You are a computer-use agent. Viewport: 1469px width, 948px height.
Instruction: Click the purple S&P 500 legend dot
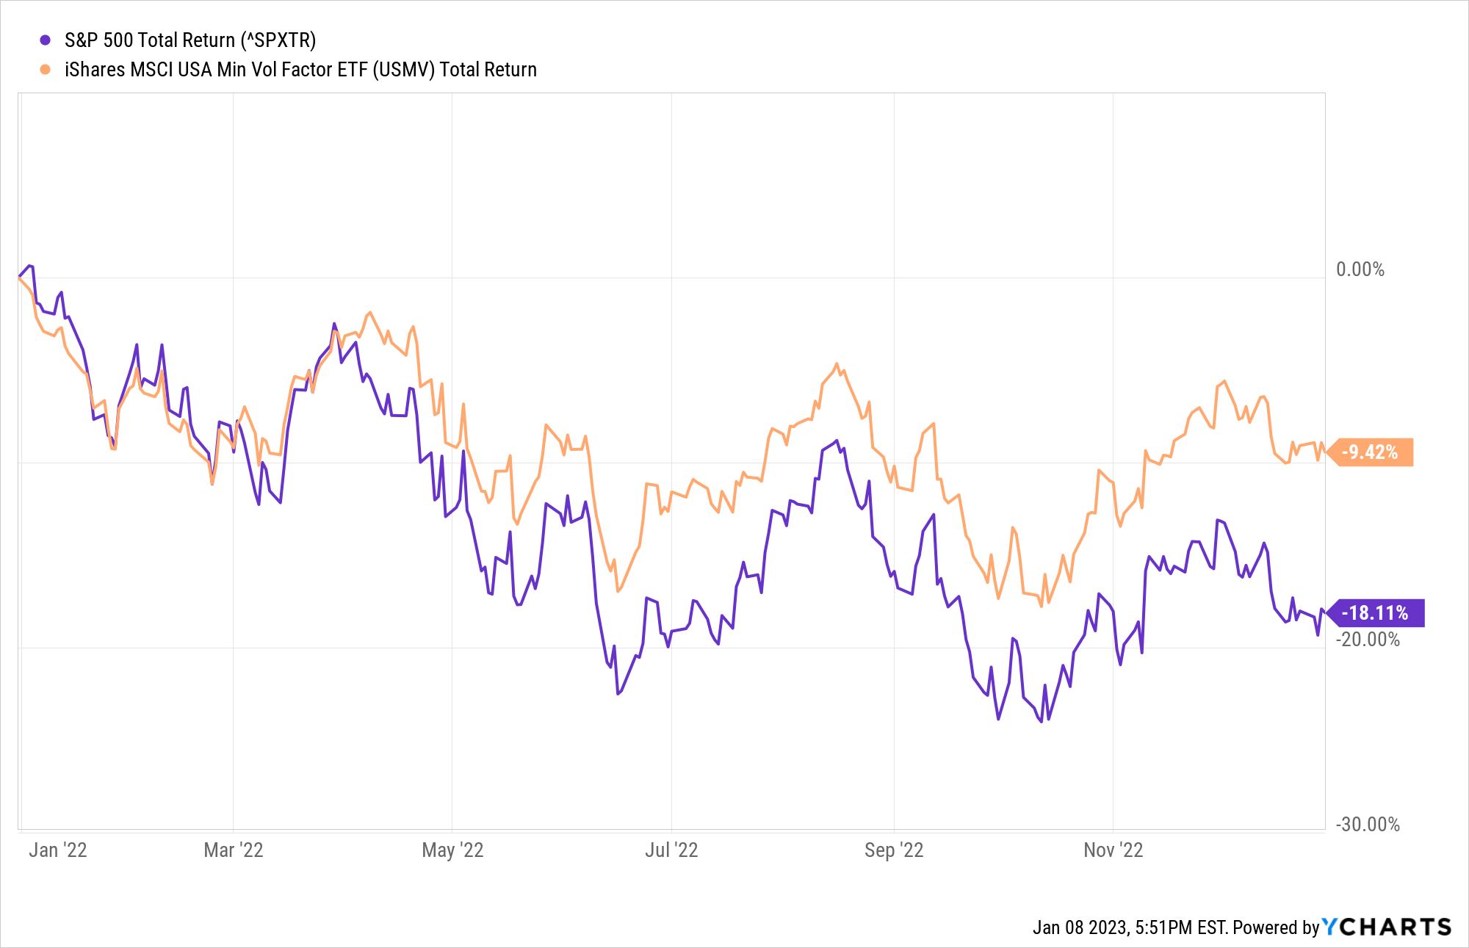point(46,40)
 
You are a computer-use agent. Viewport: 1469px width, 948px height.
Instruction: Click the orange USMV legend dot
point(46,70)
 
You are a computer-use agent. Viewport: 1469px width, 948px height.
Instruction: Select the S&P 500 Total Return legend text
point(190,40)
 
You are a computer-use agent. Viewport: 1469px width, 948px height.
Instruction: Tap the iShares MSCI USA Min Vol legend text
point(300,70)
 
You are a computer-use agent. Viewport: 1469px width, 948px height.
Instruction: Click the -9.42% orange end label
point(1371,452)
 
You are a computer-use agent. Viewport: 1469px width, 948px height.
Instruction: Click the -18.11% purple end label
point(1375,613)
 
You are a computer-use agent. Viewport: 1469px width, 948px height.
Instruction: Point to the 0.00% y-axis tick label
point(1360,269)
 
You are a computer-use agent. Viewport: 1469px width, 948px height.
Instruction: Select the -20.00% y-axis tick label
point(1367,640)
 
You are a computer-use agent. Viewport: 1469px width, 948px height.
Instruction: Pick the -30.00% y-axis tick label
point(1367,825)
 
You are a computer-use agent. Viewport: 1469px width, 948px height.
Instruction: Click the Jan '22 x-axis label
point(58,850)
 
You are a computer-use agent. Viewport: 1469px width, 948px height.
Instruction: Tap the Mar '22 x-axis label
point(233,850)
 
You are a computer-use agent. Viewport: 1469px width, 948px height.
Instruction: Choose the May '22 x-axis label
point(452,850)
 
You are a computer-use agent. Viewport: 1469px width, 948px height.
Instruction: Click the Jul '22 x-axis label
point(671,850)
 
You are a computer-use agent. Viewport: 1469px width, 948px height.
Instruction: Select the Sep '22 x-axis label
point(894,850)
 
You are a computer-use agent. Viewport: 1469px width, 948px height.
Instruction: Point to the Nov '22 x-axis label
point(1114,850)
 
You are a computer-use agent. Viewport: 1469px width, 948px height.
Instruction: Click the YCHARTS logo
point(1387,927)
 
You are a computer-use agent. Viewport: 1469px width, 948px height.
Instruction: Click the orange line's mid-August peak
point(837,363)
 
